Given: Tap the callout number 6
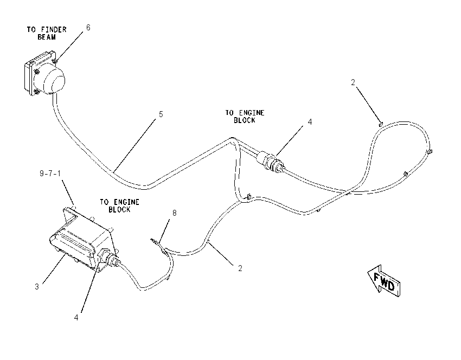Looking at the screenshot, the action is point(88,27).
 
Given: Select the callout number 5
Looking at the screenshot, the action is point(161,114).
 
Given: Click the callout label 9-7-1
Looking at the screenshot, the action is point(50,173).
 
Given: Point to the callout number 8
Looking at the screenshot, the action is point(174,213).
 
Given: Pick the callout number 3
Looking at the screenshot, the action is point(37,286).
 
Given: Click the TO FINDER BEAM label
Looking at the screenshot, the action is point(47,33).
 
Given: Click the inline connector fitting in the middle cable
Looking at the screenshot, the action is point(270,160).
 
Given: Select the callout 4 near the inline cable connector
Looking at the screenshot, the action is point(310,121).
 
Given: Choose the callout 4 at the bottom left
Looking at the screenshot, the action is point(76,317).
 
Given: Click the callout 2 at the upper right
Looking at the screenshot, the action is point(353,82).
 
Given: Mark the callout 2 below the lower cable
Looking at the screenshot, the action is point(240,268).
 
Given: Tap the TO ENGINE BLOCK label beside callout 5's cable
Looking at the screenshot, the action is point(245,117).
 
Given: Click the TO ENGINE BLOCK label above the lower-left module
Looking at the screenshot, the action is point(119,205).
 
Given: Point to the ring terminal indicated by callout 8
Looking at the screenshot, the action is point(156,243).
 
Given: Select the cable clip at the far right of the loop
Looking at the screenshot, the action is point(430,152).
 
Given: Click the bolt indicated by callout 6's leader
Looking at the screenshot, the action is point(55,61).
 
